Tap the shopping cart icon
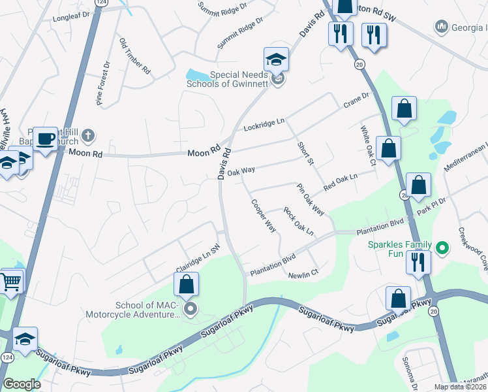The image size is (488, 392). pyautogui.click(x=11, y=282)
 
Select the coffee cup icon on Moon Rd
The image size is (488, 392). pyautogui.click(x=46, y=139)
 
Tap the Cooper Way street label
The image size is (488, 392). pyautogui.click(x=264, y=215)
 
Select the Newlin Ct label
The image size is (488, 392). pyautogui.click(x=303, y=272)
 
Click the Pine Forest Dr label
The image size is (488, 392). pyautogui.click(x=103, y=83)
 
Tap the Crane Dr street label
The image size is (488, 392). pyautogui.click(x=356, y=99)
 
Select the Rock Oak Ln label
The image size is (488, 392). pyautogui.click(x=298, y=221)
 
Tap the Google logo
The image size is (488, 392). pyautogui.click(x=22, y=384)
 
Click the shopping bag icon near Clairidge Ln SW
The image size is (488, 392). pyautogui.click(x=186, y=285)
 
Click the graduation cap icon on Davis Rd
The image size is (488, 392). pyautogui.click(x=277, y=60)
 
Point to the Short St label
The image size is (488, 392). pyautogui.click(x=305, y=153)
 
